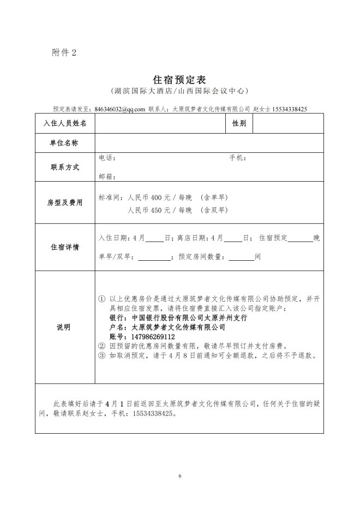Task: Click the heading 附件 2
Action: [64, 52]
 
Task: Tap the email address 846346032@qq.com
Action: [119, 109]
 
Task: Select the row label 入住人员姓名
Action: [65, 123]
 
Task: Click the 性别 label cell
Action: [239, 123]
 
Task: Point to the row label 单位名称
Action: [65, 143]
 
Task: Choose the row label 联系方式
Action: [65, 167]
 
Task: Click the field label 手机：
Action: [237, 158]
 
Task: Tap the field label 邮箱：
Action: [107, 176]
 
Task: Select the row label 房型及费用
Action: [65, 202]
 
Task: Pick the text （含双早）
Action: [214, 210]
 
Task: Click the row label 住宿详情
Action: [65, 247]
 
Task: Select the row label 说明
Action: [65, 327]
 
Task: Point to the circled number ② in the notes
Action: [101, 346]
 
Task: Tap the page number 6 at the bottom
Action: [179, 476]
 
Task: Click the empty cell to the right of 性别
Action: [287, 123]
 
